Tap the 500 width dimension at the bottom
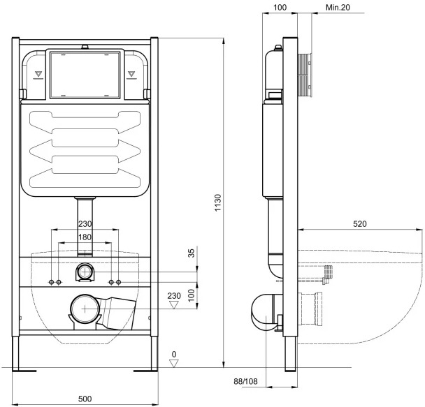[x=84, y=398]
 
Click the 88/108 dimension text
[x=249, y=380]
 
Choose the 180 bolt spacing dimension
[x=84, y=237]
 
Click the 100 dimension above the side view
[x=280, y=6]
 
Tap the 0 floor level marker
[x=174, y=354]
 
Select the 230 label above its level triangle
[x=174, y=295]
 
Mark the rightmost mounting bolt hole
[x=119, y=281]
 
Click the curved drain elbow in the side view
[x=263, y=311]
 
